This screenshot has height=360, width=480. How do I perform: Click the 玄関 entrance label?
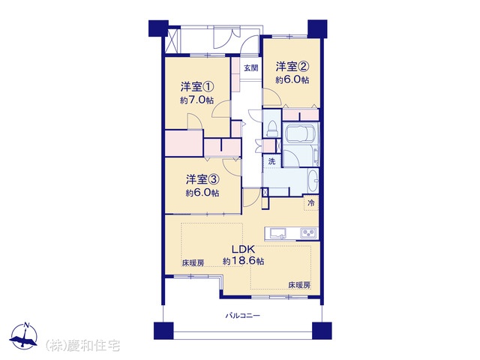coord(251,68)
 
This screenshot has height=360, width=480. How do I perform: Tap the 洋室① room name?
coord(196,87)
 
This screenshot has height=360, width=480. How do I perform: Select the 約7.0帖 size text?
coord(196,100)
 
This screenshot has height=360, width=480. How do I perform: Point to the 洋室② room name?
coord(292,67)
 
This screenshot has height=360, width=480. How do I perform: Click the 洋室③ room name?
coord(202,179)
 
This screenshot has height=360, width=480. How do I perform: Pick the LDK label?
coord(243,248)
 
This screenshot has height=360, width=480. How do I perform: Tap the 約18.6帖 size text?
coord(243,261)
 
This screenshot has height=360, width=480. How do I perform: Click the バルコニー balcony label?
coord(243,315)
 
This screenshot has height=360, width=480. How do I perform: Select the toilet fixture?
coord(271,128)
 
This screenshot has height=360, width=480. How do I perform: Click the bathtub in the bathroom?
coord(300,134)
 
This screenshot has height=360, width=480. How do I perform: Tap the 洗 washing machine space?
coord(271,161)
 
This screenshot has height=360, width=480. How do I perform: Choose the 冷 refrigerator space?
coord(311,202)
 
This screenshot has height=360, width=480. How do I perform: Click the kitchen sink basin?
coord(277,233)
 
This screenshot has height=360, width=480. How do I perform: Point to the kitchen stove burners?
coord(310,233)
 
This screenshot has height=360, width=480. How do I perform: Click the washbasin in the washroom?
coord(313,181)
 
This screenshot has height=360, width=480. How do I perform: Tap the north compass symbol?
coord(23,336)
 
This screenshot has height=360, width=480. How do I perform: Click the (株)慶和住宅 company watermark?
coord(82,346)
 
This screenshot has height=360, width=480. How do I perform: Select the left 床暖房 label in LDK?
coord(193,263)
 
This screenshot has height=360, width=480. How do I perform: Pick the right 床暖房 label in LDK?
coord(299,285)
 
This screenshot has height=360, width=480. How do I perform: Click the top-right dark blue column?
coord(317,28)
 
